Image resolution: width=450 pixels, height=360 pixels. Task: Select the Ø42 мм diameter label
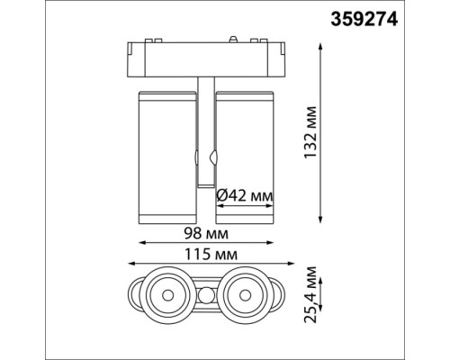pyautogui.click(x=246, y=193)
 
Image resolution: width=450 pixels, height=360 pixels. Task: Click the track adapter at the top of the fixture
pyautogui.click(x=205, y=60)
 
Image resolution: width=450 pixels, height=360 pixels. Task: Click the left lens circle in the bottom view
pyautogui.click(x=167, y=292)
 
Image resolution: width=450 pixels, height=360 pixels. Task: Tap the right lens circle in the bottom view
pyautogui.click(x=243, y=292)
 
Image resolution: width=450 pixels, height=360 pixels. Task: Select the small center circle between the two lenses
pyautogui.click(x=205, y=293)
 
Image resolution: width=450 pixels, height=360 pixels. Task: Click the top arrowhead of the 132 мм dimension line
pyautogui.click(x=322, y=41)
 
